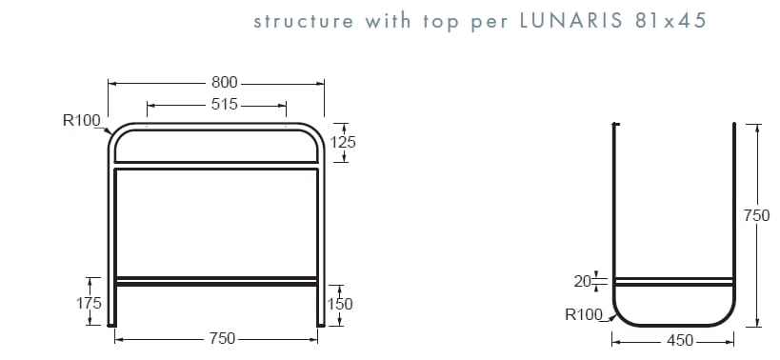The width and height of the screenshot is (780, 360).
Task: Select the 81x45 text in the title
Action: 670,21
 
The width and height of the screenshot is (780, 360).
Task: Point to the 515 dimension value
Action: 224,105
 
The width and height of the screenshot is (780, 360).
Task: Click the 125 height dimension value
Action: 343,142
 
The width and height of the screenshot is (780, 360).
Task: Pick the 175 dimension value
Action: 89,303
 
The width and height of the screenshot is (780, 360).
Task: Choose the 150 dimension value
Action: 341,304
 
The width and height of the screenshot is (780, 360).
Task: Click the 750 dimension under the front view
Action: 223,339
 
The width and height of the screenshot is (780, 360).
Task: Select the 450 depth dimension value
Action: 679,340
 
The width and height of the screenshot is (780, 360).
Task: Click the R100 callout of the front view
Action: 80,120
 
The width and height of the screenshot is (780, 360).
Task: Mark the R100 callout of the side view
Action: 583,313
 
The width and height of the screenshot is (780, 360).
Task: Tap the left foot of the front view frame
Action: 114,322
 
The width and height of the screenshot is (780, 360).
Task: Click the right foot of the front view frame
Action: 319,322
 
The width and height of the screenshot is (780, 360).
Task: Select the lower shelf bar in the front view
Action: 216,281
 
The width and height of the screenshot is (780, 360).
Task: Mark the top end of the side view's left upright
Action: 615,125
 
